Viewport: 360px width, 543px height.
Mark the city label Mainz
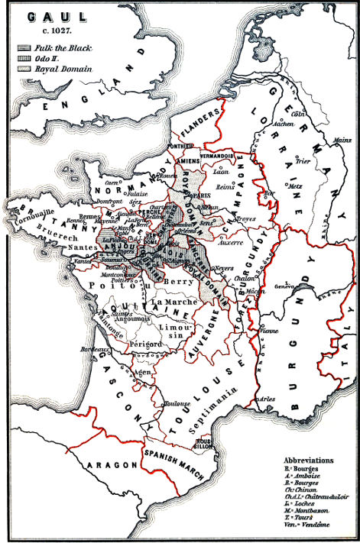(x=344, y=141)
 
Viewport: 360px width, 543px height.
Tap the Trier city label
(x=304, y=161)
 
